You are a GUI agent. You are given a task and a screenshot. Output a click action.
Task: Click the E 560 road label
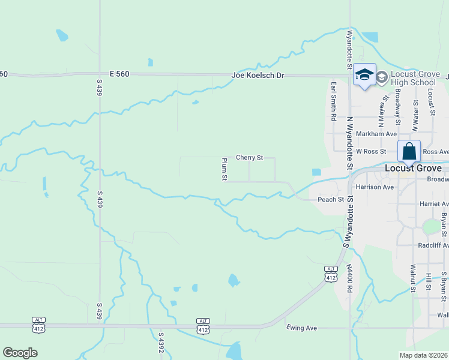[119, 74]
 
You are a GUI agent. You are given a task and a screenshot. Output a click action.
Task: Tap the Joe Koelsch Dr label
[258, 76]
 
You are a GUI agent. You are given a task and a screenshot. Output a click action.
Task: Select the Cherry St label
[250, 158]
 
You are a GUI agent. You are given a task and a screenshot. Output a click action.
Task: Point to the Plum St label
[224, 169]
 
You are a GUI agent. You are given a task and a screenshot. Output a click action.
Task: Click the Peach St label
[330, 199]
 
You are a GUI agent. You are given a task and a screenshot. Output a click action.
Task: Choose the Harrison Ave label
[375, 187]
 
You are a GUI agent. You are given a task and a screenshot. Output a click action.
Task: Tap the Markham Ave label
[376, 134]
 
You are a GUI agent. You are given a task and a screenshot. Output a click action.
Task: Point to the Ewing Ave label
[302, 328]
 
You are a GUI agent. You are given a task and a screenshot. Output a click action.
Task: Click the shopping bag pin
[409, 152]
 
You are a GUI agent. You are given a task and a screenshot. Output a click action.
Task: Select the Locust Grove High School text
[413, 78]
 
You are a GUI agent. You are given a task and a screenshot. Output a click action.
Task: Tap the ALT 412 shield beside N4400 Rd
[330, 272]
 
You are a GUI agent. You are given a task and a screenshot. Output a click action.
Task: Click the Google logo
[20, 352]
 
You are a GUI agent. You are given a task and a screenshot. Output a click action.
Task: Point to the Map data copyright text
[424, 355]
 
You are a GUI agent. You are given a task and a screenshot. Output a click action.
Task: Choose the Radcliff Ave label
[433, 245]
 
